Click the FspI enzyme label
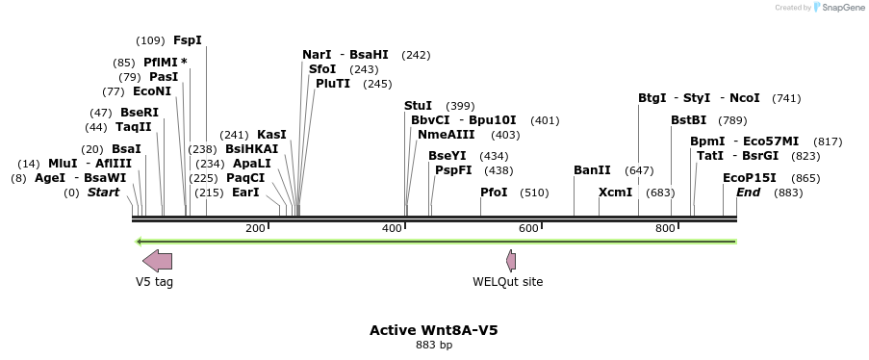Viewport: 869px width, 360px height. [x=188, y=40]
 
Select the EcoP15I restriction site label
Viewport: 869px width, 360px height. [x=749, y=178]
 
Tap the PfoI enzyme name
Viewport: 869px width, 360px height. [x=494, y=193]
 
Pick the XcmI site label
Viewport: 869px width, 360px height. [x=615, y=193]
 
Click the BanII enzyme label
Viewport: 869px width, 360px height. [x=592, y=170]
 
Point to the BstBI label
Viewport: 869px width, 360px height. [x=688, y=120]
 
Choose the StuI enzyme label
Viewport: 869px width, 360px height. [x=418, y=106]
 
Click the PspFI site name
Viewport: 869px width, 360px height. [x=453, y=170]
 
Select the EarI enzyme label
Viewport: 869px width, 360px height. [x=245, y=193]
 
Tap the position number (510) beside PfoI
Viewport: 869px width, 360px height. [x=534, y=193]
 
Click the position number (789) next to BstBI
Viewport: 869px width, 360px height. [x=732, y=120]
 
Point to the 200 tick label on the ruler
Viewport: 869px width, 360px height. [x=255, y=228]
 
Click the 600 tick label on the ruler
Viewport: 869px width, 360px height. [x=528, y=228]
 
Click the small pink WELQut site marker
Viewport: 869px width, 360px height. [x=511, y=261]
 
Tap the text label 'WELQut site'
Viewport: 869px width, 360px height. [x=507, y=282]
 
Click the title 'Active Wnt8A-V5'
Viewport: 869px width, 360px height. [x=433, y=330]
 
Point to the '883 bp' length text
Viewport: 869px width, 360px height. [x=433, y=345]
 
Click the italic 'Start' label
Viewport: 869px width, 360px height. [x=103, y=193]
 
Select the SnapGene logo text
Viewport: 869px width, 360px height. [x=839, y=8]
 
